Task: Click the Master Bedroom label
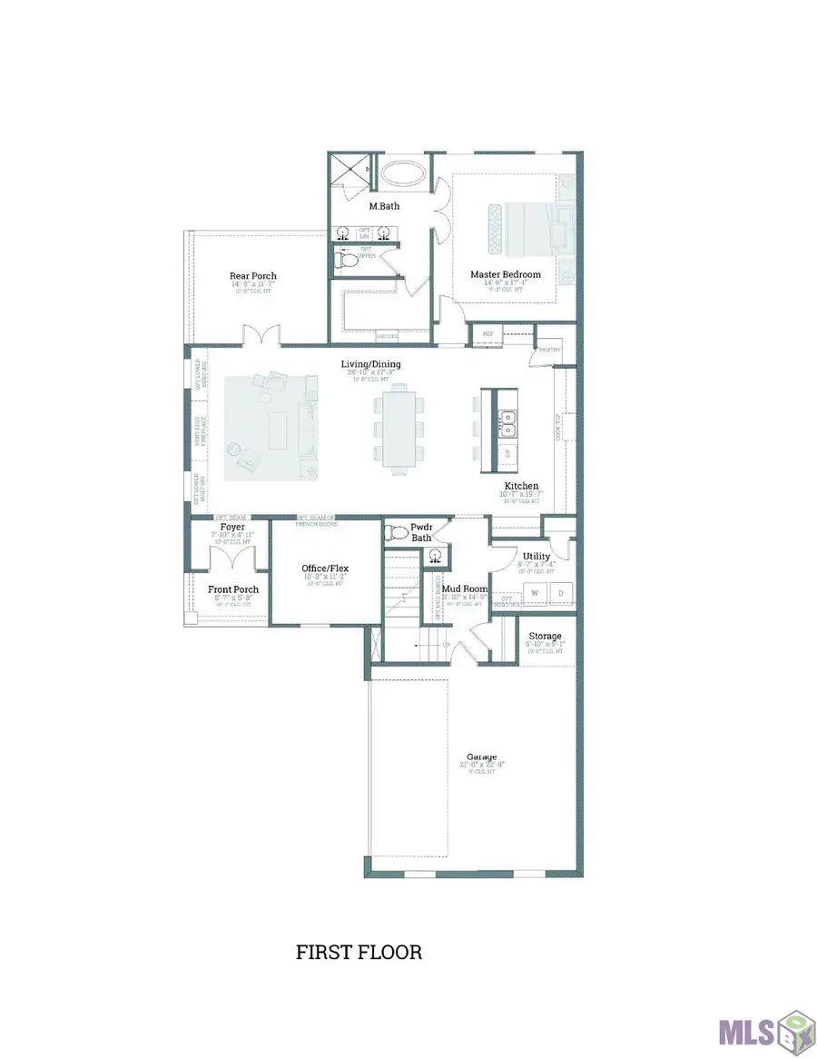(x=505, y=274)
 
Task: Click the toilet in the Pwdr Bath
(x=398, y=533)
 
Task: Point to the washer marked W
(x=534, y=593)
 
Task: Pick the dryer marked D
(x=559, y=593)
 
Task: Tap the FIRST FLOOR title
(x=359, y=953)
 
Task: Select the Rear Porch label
(x=253, y=276)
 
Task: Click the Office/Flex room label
(x=325, y=569)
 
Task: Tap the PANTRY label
(x=549, y=350)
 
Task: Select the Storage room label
(x=545, y=636)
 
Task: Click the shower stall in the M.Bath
(x=349, y=169)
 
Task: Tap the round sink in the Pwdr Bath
(x=436, y=554)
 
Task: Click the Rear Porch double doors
(x=260, y=336)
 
